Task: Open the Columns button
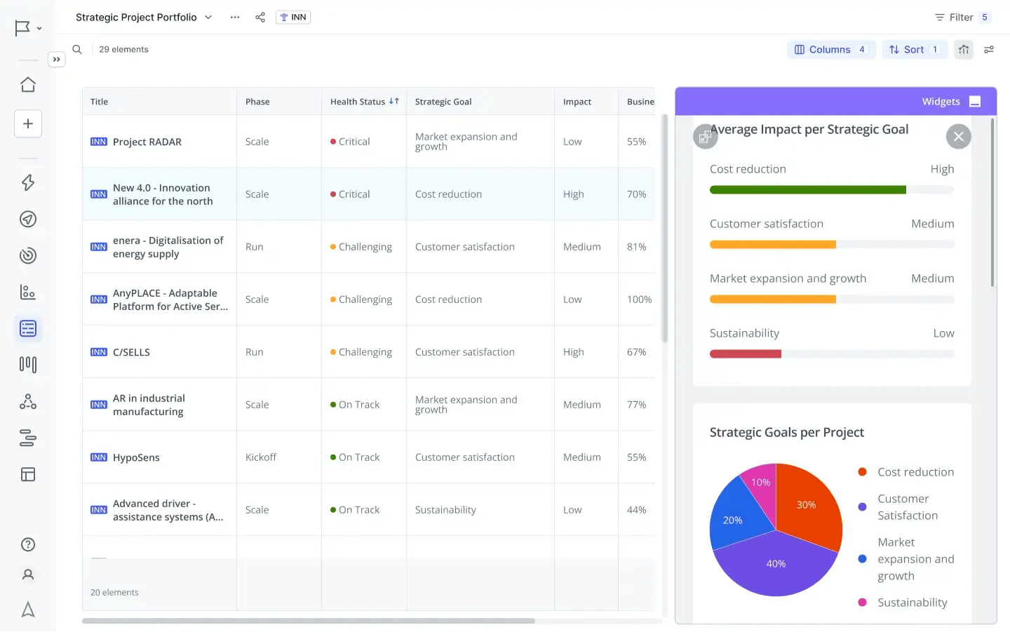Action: [x=830, y=50]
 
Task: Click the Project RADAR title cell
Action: [x=147, y=142]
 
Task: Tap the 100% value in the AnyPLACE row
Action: [x=639, y=300]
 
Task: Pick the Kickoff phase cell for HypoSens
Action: [x=261, y=457]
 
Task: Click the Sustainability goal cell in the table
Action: [x=445, y=510]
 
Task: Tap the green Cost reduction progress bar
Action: [x=807, y=190]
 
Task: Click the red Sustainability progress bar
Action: [x=745, y=354]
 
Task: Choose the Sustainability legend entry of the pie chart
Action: [x=912, y=603]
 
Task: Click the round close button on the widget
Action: [x=958, y=137]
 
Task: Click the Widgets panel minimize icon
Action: [x=974, y=102]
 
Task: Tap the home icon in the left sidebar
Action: [x=28, y=85]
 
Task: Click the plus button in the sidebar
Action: [x=28, y=124]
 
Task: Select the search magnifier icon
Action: [x=77, y=50]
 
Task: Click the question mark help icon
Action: [x=28, y=545]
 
